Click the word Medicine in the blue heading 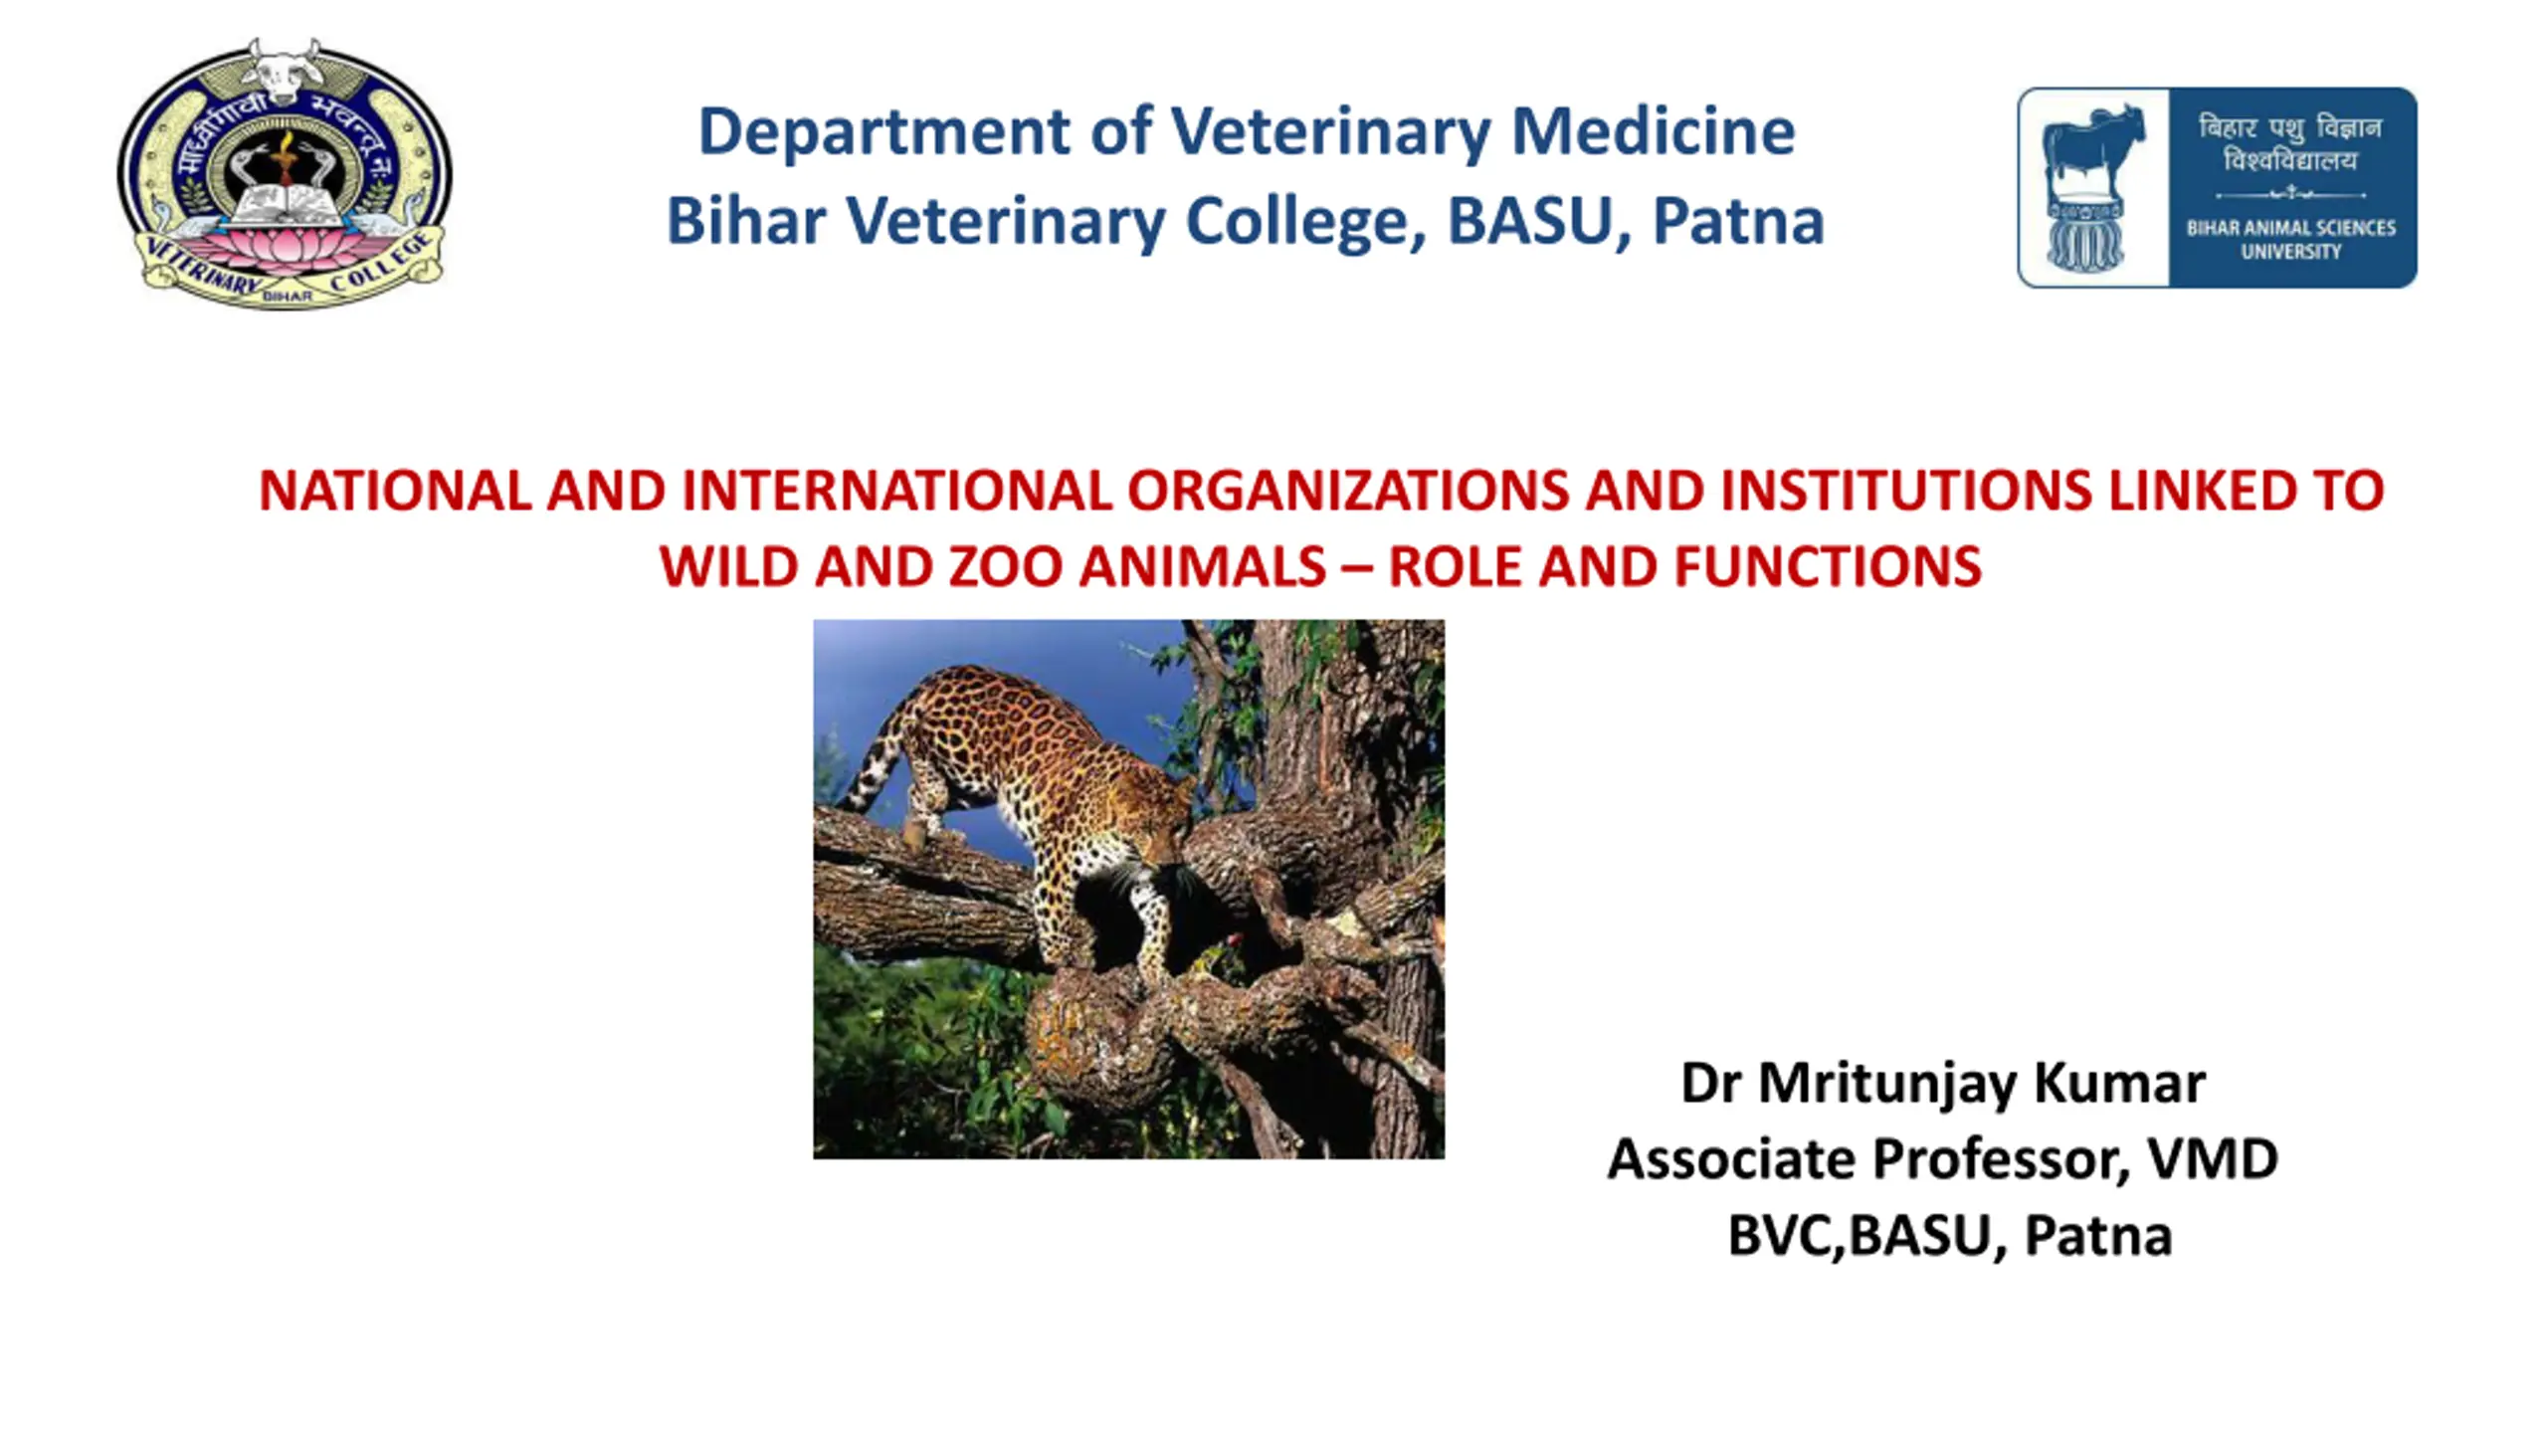coord(1653,131)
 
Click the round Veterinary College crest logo coord(285,174)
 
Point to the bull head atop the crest coord(283,71)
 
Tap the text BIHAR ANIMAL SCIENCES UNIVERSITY coord(2290,240)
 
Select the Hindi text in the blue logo coord(2290,143)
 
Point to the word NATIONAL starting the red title coord(395,491)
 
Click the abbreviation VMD coord(2213,1159)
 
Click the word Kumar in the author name coord(2119,1083)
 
